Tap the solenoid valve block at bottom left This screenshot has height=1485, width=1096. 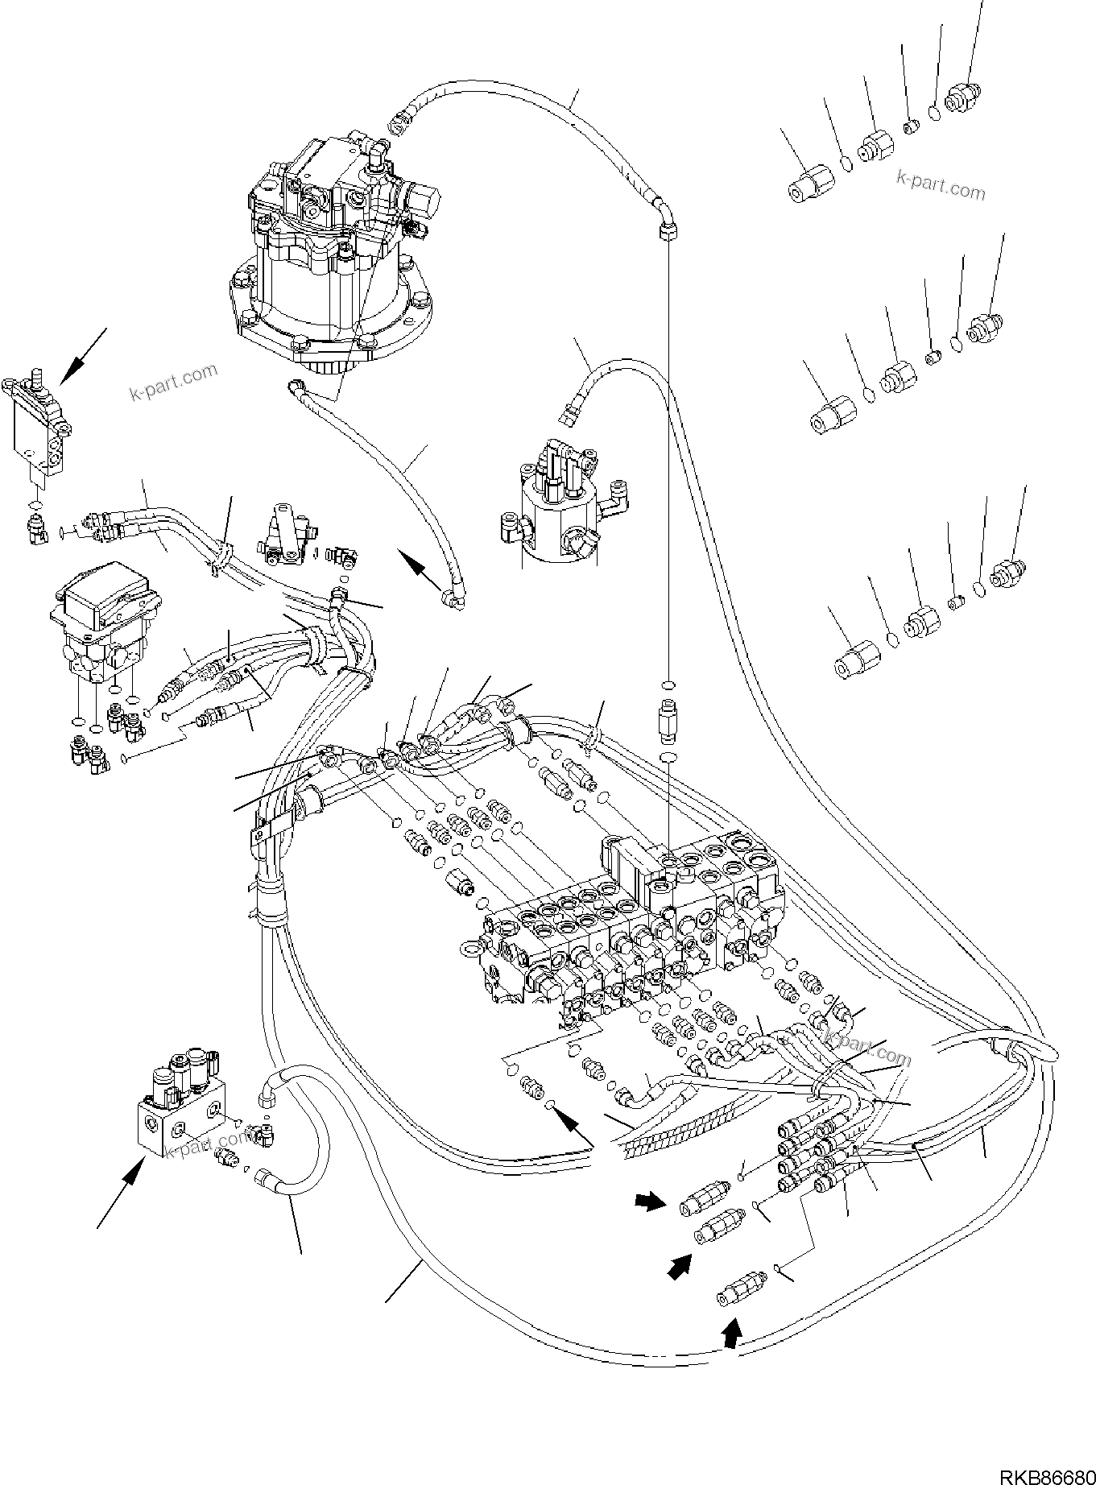[x=181, y=1107]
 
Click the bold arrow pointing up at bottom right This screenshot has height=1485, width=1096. [x=730, y=1338]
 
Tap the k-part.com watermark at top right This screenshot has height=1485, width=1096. [x=941, y=186]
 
